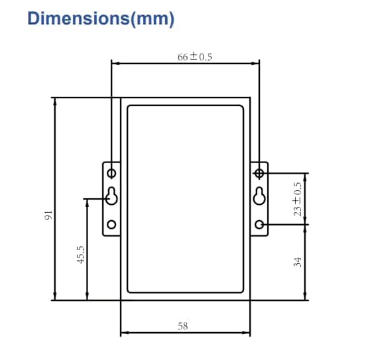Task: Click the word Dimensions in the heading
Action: (79, 19)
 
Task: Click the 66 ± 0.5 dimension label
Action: (194, 57)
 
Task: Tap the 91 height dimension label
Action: (48, 215)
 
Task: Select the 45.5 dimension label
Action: (81, 255)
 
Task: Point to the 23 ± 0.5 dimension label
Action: (297, 199)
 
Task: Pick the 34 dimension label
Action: (297, 262)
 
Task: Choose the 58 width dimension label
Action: (183, 326)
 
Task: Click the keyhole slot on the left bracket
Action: (111, 196)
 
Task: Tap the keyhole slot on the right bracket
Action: (259, 196)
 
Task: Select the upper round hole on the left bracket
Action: (111, 174)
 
